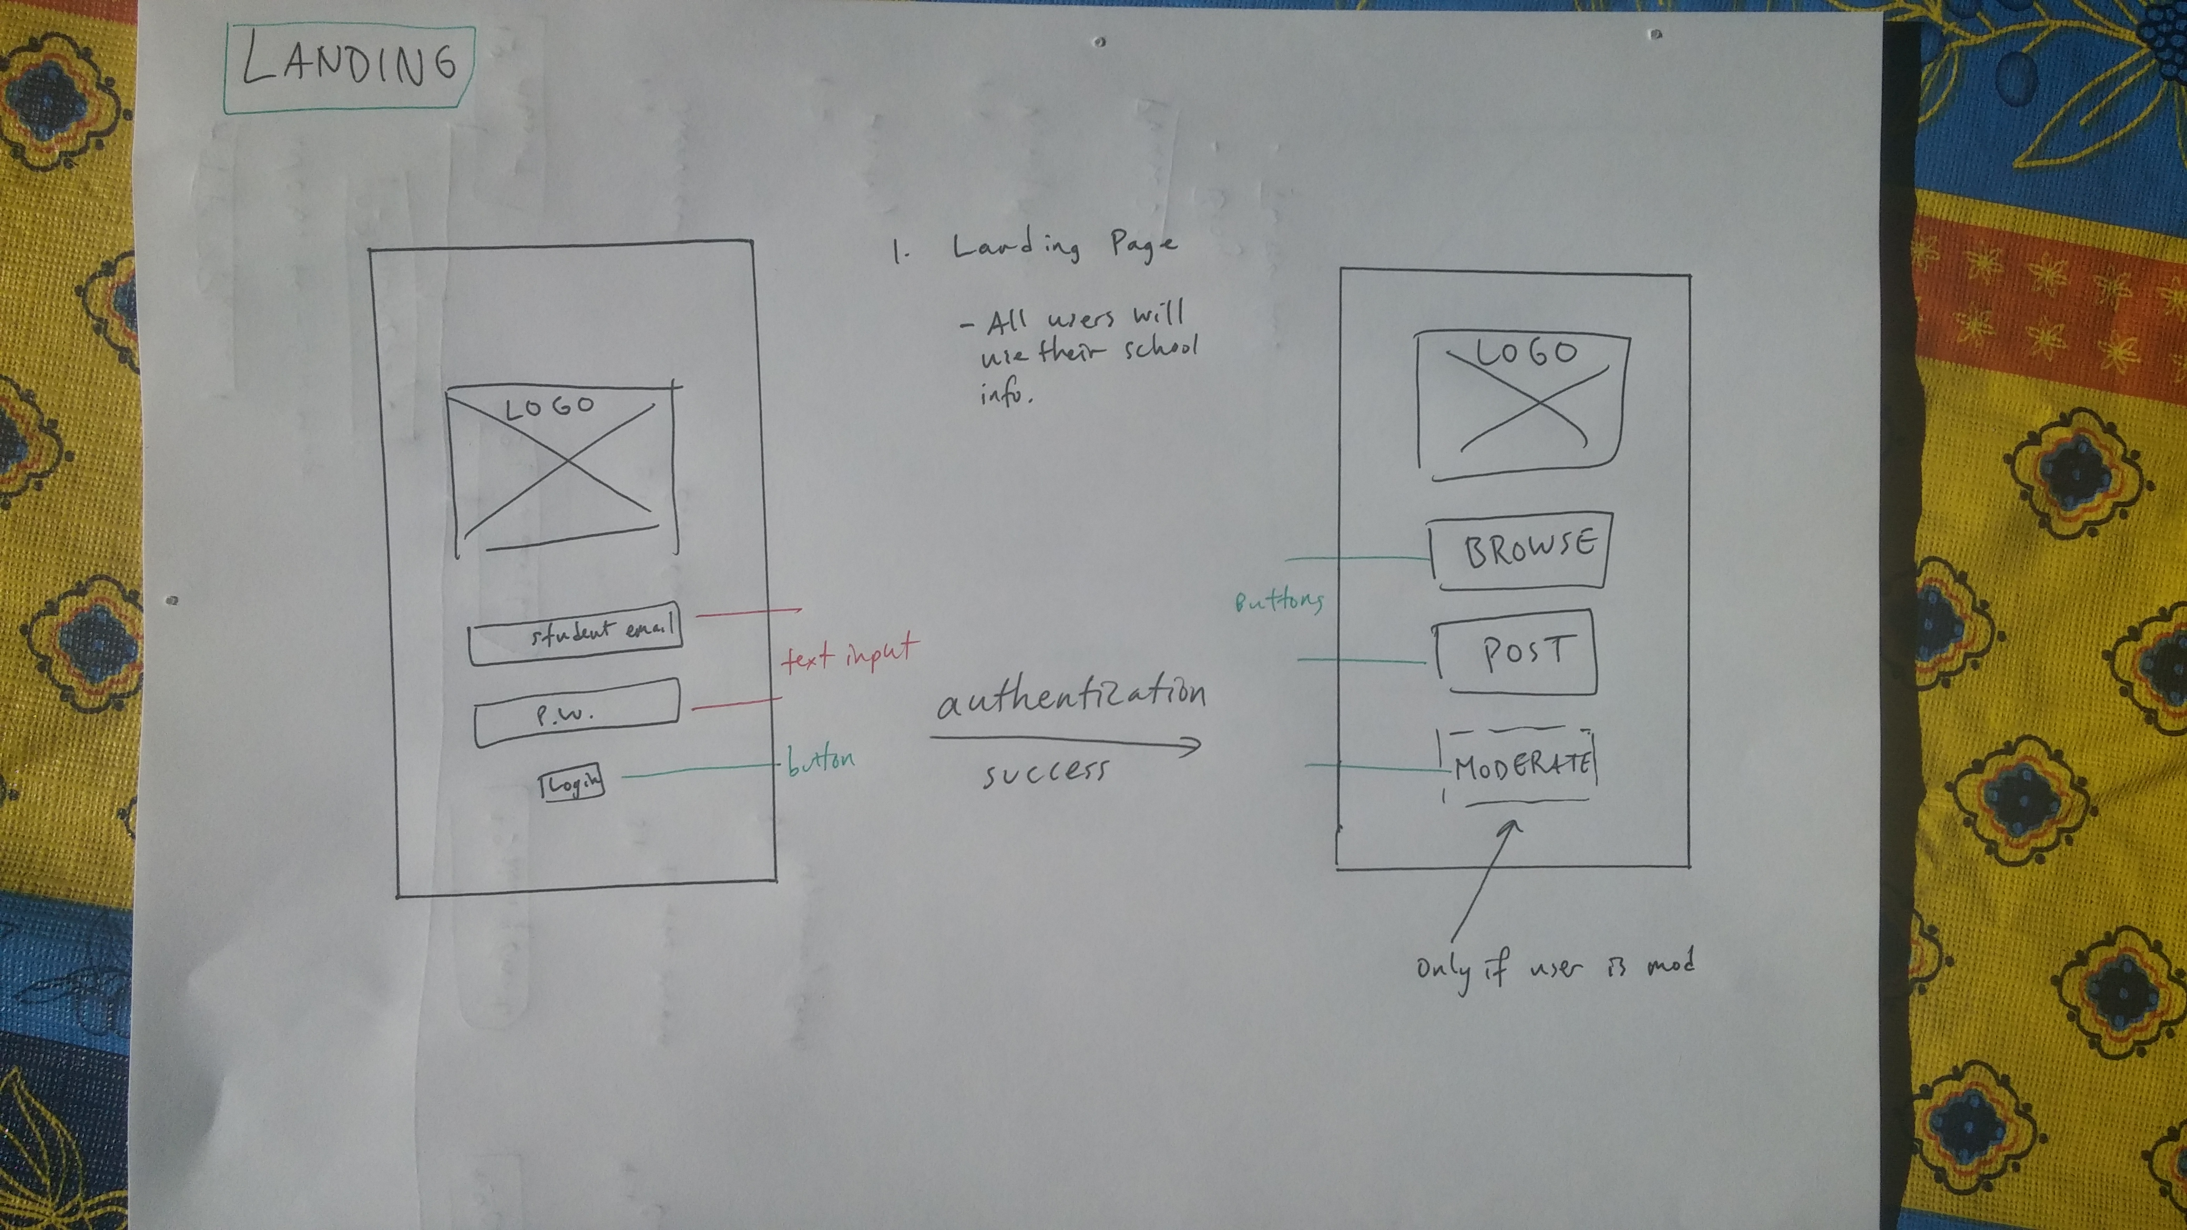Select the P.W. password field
[577, 713]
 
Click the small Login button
[572, 784]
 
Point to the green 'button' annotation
[820, 759]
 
